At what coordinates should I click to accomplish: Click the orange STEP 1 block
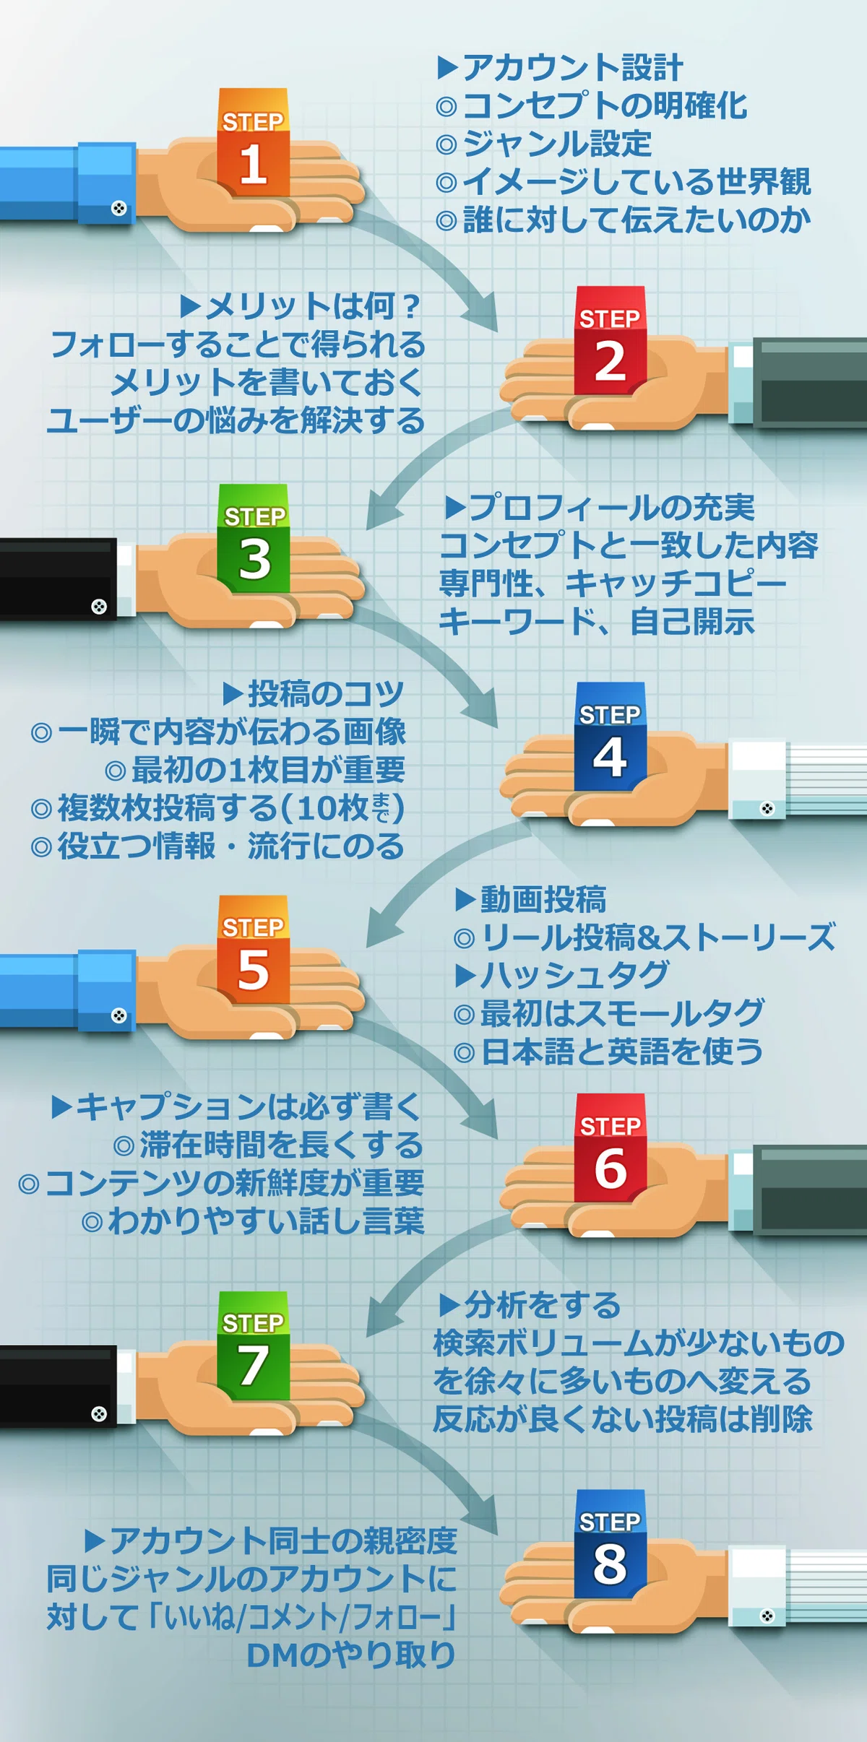253,142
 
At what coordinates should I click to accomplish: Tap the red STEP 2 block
610,340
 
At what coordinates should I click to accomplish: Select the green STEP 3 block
254,538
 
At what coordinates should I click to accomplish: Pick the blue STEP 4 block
610,736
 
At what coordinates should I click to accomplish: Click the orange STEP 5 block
253,949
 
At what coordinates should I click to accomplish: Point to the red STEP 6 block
610,1148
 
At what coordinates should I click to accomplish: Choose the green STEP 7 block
254,1345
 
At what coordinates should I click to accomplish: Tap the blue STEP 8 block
610,1543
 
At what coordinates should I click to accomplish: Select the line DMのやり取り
351,1654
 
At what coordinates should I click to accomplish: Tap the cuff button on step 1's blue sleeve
118,209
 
